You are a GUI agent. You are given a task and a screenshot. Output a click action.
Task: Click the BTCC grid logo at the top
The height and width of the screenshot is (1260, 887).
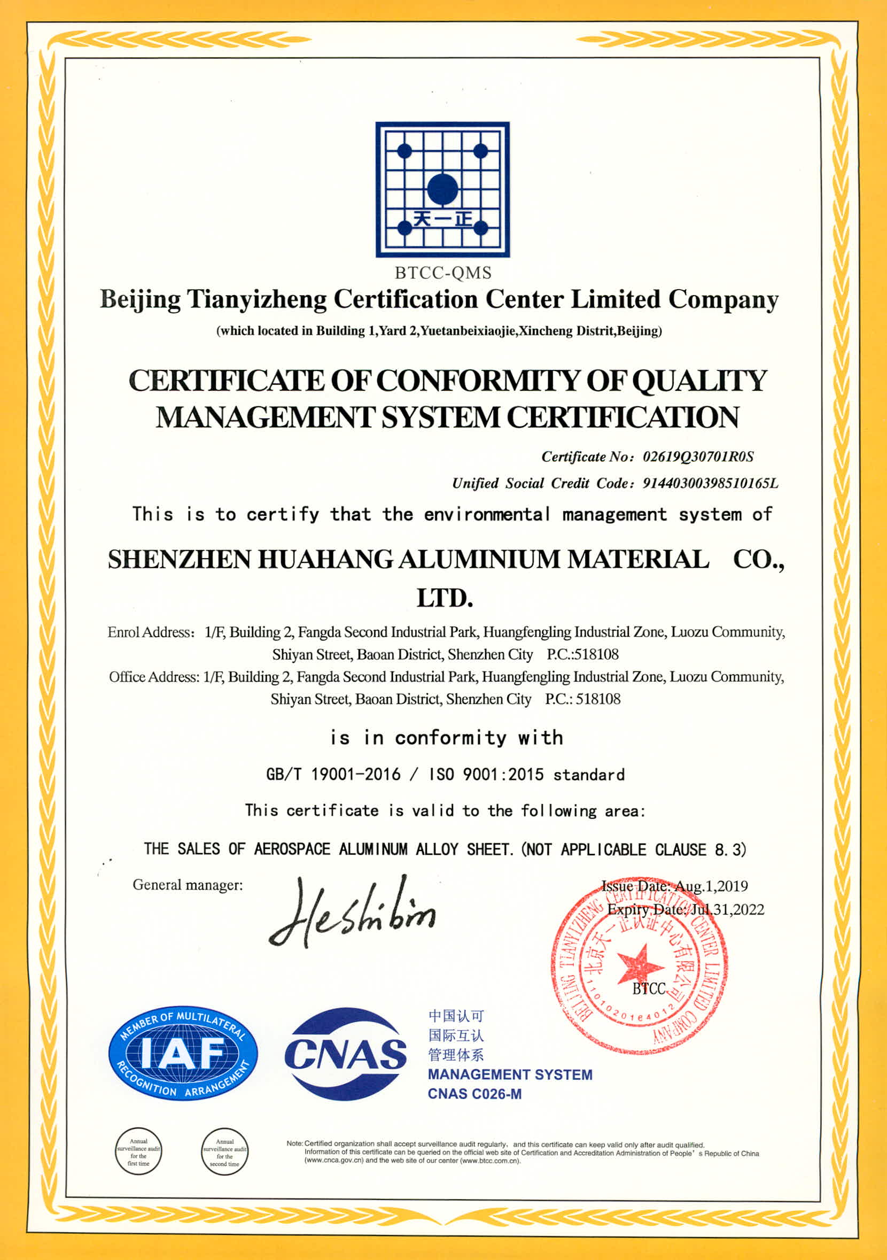click(442, 189)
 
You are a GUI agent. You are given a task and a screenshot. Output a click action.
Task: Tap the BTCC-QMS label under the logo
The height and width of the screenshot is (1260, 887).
click(442, 273)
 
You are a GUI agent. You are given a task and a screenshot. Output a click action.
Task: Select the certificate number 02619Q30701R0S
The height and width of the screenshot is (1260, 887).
click(698, 457)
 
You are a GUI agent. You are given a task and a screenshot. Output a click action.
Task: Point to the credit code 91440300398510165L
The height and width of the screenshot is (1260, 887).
click(710, 483)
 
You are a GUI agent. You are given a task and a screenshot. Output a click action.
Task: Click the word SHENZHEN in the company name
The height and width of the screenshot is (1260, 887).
click(179, 559)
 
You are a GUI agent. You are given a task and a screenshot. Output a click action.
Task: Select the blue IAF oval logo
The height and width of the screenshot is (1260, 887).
click(183, 1053)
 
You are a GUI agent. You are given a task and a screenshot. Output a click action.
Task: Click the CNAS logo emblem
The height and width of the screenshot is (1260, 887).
click(345, 1054)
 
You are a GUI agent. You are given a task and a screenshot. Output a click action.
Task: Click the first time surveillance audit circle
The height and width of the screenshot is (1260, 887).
click(138, 1151)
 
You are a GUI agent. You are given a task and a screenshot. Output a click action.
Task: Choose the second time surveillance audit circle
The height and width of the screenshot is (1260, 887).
click(224, 1151)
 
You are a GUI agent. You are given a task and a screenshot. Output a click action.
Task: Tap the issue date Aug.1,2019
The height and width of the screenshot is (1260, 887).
click(711, 886)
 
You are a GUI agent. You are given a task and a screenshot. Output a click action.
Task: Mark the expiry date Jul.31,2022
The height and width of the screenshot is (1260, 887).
click(727, 909)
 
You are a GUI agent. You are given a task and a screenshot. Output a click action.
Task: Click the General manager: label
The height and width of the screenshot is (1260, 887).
click(188, 885)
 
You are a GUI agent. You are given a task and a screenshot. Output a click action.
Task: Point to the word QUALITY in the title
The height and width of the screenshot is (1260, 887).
click(699, 380)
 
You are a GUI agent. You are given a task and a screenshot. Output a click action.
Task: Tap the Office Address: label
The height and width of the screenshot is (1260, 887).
click(154, 677)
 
